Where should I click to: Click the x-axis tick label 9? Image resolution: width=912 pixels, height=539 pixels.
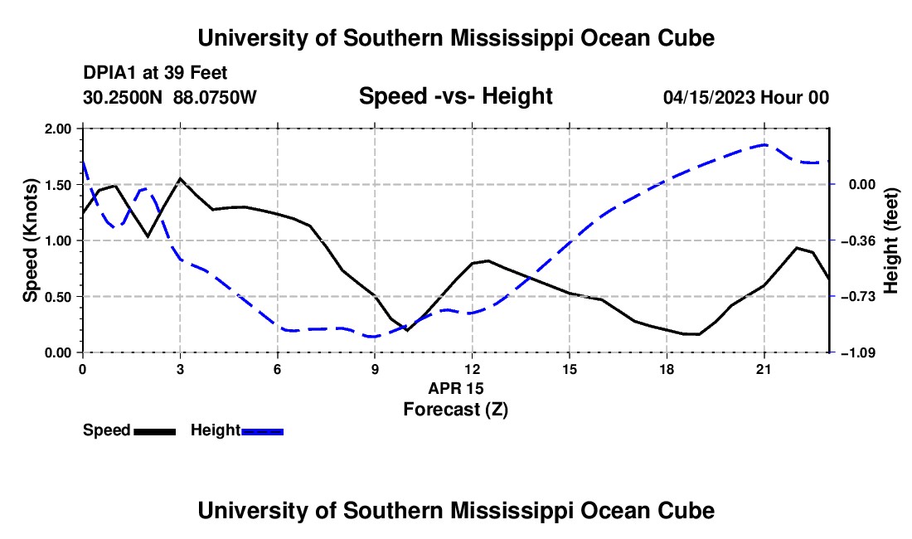pos(375,369)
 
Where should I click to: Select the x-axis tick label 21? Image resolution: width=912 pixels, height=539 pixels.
pos(764,369)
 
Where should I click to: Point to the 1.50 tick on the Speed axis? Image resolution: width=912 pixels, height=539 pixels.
pos(57,185)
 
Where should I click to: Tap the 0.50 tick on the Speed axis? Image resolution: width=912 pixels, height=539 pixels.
pos(57,297)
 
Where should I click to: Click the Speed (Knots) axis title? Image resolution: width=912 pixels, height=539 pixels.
pos(30,240)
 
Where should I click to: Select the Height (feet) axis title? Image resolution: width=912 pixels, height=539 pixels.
pos(891,240)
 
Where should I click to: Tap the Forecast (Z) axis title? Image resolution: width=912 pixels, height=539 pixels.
pos(456,410)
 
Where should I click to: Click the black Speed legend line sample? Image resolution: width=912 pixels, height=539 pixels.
pos(155,432)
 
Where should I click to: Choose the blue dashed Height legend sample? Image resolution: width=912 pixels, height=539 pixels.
pos(262,432)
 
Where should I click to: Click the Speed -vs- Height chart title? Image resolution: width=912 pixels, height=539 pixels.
pos(455,96)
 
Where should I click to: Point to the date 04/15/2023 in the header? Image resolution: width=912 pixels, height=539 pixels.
pos(709,97)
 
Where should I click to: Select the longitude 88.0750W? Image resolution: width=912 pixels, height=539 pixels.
pos(215,97)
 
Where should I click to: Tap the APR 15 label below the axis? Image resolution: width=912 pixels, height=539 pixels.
pos(456,388)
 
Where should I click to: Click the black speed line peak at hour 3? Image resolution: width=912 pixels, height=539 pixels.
pos(180,178)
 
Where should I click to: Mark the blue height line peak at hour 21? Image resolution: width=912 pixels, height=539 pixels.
pos(764,144)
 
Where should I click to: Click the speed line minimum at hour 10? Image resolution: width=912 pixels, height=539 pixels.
pos(407,330)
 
